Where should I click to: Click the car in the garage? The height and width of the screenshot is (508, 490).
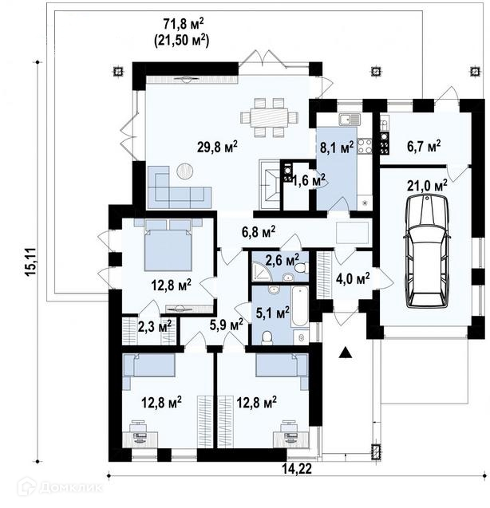427,251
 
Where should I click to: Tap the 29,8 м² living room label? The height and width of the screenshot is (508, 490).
217,147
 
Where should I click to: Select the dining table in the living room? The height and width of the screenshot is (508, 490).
269,117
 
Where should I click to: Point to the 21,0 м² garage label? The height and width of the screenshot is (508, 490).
427,186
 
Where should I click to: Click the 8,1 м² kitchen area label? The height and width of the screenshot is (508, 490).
337,148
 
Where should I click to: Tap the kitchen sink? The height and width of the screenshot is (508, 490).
350,120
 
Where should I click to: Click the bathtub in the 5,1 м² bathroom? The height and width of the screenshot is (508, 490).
299,306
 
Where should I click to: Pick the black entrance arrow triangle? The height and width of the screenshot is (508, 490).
345,352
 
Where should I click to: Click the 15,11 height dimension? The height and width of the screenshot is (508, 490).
32,262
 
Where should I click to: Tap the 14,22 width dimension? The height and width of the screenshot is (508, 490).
296,468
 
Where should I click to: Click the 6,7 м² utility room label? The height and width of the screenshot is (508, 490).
424,147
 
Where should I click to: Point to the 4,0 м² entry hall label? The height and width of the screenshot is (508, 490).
353,278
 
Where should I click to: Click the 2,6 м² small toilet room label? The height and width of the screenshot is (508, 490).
283,260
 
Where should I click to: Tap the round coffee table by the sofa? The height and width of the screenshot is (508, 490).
185,170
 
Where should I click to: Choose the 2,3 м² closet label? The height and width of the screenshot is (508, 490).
155,327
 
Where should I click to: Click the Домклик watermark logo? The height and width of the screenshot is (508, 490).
61,486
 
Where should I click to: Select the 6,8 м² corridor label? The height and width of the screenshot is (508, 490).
259,232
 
